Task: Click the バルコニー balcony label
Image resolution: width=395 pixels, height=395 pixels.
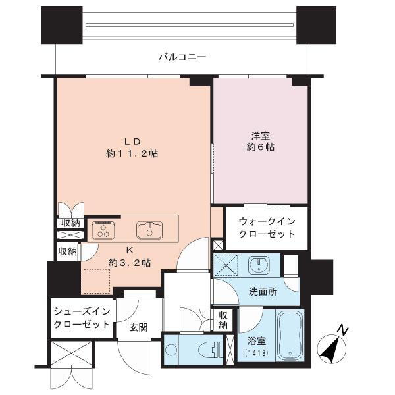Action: click(x=182, y=57)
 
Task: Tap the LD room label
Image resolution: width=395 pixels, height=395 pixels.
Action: click(x=132, y=142)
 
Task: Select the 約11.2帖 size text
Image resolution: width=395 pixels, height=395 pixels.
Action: click(x=132, y=153)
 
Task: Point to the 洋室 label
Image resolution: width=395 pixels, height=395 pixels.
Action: click(x=261, y=136)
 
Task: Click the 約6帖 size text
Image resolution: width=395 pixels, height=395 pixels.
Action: click(x=261, y=147)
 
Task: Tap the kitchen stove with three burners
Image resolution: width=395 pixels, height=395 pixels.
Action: click(x=103, y=230)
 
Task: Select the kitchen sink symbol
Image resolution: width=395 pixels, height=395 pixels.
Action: click(x=149, y=230)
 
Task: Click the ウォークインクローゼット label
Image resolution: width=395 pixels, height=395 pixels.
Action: click(x=267, y=228)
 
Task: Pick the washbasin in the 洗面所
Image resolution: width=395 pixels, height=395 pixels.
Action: click(x=259, y=265)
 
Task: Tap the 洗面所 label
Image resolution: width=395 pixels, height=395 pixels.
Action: click(x=263, y=292)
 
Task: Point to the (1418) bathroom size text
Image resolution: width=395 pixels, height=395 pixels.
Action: click(x=257, y=354)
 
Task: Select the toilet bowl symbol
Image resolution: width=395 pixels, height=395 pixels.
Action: click(x=209, y=351)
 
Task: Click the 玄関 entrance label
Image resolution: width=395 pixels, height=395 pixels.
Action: click(x=138, y=327)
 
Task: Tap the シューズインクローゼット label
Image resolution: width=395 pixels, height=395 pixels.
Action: click(x=82, y=318)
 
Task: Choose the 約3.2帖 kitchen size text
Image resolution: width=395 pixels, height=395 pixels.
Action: click(x=130, y=263)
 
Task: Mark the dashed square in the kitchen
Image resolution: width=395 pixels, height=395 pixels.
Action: click(x=97, y=282)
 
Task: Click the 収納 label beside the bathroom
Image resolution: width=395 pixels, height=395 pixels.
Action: click(x=223, y=320)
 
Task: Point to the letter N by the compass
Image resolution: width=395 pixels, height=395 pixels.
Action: click(x=343, y=330)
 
